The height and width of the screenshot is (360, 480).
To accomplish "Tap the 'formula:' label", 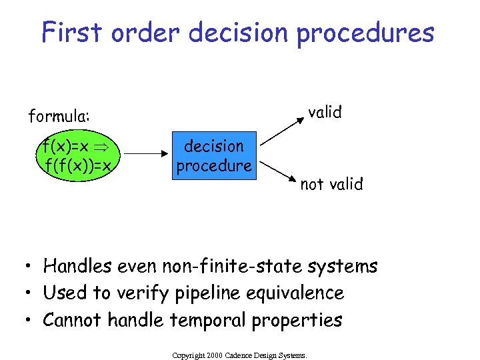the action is [59, 117].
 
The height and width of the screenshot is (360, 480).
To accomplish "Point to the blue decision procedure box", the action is [213, 155].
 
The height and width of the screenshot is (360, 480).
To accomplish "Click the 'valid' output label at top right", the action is [325, 112].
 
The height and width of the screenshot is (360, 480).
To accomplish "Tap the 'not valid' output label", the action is [331, 184].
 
